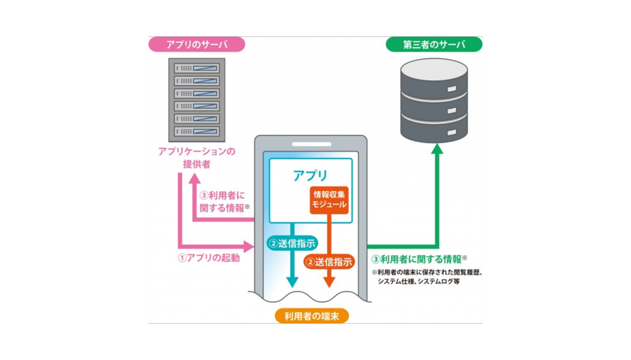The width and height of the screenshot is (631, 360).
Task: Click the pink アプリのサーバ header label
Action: pos(197,44)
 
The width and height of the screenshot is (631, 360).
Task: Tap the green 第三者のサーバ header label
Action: pos(434,44)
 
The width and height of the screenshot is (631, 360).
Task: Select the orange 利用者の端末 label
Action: pos(311,316)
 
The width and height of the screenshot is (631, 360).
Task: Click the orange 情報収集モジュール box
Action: pos(329,199)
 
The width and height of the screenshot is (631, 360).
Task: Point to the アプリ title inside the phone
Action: pos(310,176)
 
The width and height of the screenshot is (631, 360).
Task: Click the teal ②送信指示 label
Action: pos(292,243)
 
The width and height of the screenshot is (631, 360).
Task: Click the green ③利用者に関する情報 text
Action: pos(418,258)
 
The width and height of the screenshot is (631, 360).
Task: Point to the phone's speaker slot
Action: pos(311,145)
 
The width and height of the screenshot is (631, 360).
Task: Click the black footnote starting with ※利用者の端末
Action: pos(425,276)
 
